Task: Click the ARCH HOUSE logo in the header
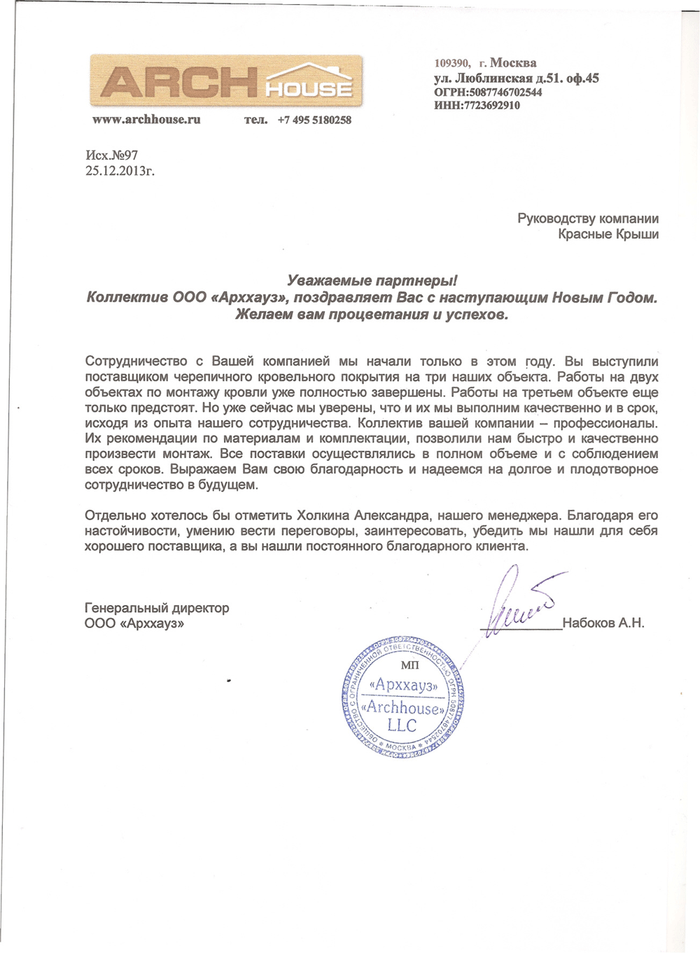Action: [226, 81]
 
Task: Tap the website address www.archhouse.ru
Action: [146, 120]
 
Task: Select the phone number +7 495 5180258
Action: [314, 120]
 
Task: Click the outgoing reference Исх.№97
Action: [112, 155]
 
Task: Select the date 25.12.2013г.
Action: [120, 170]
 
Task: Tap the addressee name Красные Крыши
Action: [608, 235]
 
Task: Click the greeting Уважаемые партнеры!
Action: [372, 281]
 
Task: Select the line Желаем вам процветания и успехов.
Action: [372, 314]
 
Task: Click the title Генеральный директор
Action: [157, 608]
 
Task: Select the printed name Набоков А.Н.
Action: [603, 622]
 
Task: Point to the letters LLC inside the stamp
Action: [402, 725]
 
